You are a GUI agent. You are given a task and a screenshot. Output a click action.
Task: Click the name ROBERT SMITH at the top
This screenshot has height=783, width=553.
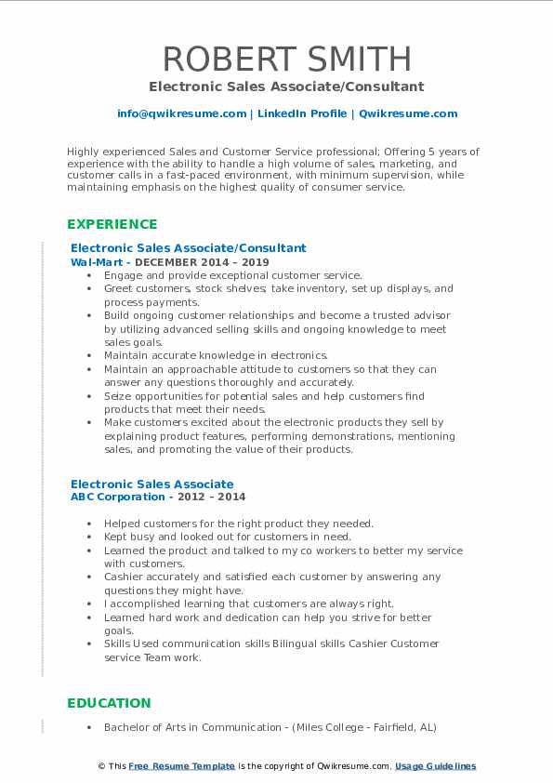pyautogui.click(x=286, y=59)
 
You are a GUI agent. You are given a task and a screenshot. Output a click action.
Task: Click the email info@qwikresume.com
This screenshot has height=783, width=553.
pyautogui.click(x=181, y=113)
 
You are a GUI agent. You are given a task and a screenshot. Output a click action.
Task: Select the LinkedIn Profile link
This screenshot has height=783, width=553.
pyautogui.click(x=290, y=113)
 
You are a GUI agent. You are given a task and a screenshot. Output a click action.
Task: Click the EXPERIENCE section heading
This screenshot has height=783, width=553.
pyautogui.click(x=112, y=224)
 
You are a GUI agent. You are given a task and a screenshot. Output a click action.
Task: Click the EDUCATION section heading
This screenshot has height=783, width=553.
pyautogui.click(x=109, y=703)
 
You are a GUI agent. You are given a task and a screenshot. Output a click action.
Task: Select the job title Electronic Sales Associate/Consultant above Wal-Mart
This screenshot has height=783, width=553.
pyautogui.click(x=188, y=248)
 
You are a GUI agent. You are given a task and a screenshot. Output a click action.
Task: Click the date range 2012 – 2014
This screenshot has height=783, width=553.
pyautogui.click(x=219, y=498)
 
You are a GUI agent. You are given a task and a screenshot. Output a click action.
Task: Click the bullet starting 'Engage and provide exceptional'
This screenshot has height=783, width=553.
pyautogui.click(x=232, y=276)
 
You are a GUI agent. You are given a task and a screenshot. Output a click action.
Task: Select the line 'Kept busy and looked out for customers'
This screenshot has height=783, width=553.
pyautogui.click(x=228, y=537)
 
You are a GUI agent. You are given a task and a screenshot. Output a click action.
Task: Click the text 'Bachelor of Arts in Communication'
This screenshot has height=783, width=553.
pyautogui.click(x=198, y=727)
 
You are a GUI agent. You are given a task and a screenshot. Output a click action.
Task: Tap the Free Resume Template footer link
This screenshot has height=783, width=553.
pyautogui.click(x=181, y=766)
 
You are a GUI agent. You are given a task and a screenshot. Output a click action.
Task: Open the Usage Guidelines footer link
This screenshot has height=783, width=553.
pyautogui.click(x=435, y=766)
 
